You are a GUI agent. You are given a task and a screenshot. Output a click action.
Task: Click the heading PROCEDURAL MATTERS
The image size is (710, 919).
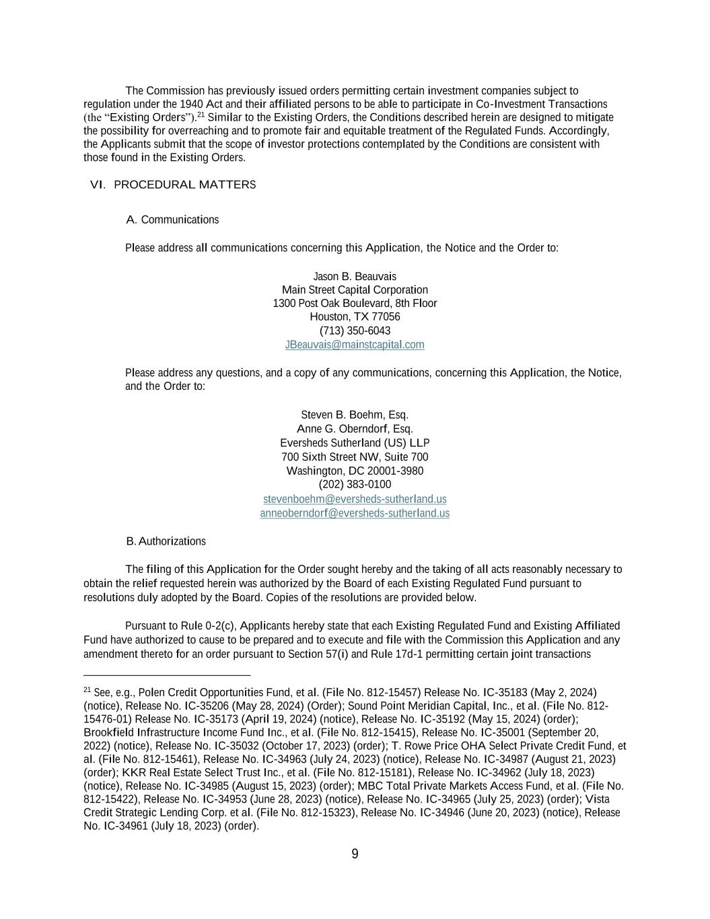click(x=184, y=184)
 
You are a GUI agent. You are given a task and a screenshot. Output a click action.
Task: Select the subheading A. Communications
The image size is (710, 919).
click(x=172, y=219)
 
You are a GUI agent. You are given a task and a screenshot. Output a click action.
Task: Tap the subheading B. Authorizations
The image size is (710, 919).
click(x=166, y=541)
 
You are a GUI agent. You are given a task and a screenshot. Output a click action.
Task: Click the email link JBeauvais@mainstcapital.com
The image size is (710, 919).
click(x=355, y=345)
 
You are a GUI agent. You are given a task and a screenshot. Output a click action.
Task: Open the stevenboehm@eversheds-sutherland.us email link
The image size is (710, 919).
click(x=355, y=499)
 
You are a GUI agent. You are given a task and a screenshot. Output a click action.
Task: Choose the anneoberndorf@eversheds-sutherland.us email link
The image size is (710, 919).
click(x=355, y=513)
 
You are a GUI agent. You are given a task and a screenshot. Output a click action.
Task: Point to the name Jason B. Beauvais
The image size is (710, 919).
click(x=355, y=277)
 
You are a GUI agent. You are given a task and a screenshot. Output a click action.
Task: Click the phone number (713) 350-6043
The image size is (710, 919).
click(x=355, y=331)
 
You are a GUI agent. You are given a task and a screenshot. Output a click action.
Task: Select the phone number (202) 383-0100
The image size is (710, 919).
click(x=355, y=485)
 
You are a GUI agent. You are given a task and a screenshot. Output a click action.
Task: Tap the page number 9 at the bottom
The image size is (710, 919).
click(x=355, y=854)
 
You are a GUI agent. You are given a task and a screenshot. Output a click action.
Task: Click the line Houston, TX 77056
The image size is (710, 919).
click(x=355, y=316)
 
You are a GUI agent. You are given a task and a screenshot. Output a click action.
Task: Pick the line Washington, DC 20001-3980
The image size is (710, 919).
click(x=355, y=471)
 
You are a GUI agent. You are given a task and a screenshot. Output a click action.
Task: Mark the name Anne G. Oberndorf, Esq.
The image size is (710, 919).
click(x=355, y=429)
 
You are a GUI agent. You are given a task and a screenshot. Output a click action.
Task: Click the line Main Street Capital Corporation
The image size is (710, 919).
click(x=355, y=290)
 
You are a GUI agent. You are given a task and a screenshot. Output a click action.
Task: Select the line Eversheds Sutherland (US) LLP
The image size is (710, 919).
click(x=355, y=443)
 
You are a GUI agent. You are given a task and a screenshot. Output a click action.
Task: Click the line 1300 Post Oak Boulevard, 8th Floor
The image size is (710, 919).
click(x=355, y=304)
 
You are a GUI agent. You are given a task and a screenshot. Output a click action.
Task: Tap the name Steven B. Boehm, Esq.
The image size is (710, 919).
click(x=355, y=415)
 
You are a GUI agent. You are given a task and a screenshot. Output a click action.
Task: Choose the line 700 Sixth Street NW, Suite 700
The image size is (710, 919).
click(x=355, y=457)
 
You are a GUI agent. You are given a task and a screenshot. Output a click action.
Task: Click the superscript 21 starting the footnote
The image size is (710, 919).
click(x=87, y=690)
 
